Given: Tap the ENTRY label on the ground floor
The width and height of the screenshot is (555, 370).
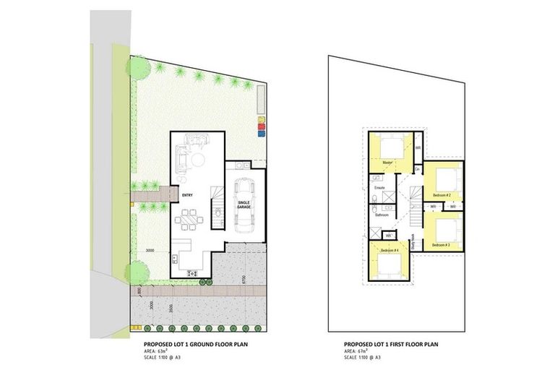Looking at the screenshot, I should point(187,194).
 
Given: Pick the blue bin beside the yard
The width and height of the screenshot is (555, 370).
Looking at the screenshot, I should point(262,132).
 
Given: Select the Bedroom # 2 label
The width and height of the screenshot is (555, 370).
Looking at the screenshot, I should point(442,195).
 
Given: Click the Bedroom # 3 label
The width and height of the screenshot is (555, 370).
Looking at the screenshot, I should point(442,245).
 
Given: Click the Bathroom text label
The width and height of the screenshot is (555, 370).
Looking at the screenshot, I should point(382,215).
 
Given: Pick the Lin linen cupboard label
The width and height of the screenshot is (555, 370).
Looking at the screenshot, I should point(418,168).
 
